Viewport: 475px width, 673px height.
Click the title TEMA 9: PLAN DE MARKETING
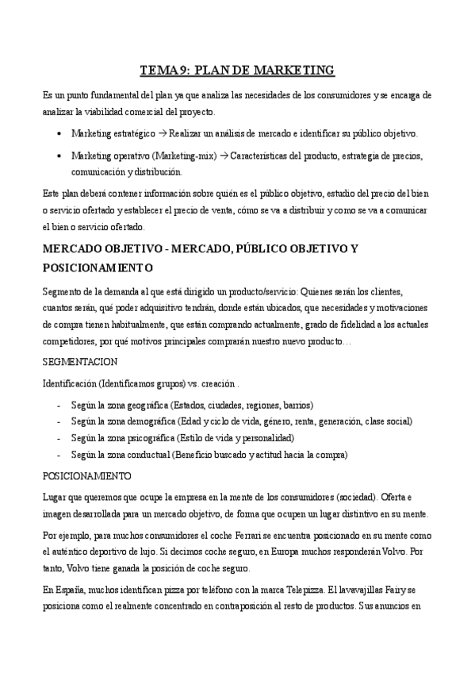pyautogui.click(x=237, y=71)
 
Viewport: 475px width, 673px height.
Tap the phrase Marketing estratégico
pyautogui.click(x=113, y=133)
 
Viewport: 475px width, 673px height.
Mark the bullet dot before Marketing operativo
pyautogui.click(x=61, y=155)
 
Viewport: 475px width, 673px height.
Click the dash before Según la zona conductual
pyautogui.click(x=60, y=454)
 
